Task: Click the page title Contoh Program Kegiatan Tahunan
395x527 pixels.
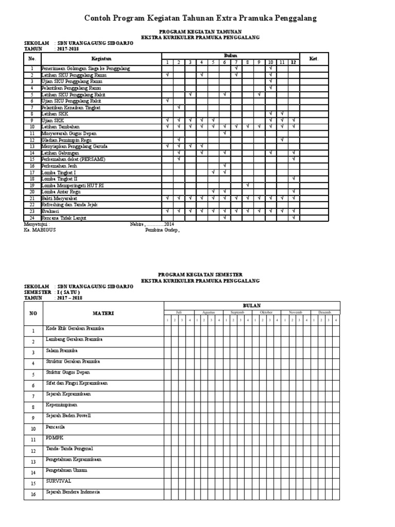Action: [201, 19]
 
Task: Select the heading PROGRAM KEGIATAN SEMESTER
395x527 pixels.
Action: [201, 275]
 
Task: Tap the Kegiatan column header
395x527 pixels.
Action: [101, 59]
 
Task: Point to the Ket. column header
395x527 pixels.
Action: [314, 59]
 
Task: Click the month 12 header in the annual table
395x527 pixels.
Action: [293, 62]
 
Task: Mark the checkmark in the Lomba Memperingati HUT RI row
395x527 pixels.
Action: [247, 185]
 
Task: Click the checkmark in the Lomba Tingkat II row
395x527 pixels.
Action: [293, 179]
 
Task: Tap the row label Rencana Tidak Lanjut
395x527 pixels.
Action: [64, 218]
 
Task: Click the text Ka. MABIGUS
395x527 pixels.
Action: [40, 230]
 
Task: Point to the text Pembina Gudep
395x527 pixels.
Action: [163, 231]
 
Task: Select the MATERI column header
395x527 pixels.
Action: [103, 313]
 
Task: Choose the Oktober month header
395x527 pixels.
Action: [266, 312]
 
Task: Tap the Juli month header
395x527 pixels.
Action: [178, 312]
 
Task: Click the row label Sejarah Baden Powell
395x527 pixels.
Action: [68, 416]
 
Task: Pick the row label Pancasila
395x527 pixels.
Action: [55, 427]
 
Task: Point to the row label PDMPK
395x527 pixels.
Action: [53, 438]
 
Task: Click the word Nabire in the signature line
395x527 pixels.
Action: [137, 224]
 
